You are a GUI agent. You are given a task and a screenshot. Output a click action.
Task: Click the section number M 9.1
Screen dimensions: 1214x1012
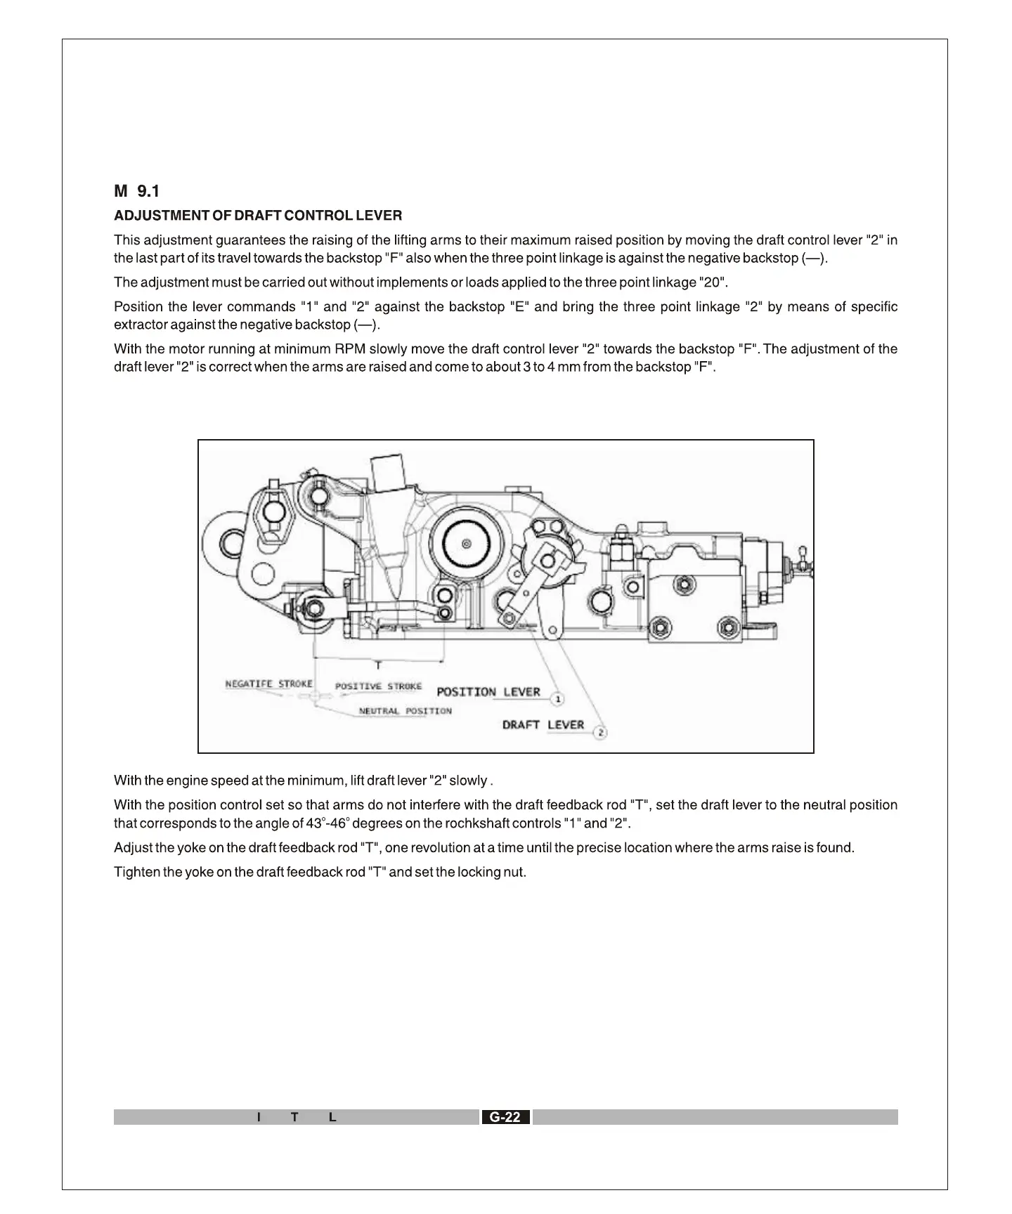137,191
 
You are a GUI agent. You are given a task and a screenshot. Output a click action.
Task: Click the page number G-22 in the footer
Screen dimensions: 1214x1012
505,1117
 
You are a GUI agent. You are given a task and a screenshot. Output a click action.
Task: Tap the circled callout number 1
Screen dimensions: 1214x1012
557,699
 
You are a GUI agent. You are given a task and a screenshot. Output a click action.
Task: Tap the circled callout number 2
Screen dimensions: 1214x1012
600,733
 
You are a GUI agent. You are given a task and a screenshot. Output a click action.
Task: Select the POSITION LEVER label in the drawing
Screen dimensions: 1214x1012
488,692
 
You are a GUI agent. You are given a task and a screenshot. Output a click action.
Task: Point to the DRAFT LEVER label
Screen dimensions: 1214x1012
543,725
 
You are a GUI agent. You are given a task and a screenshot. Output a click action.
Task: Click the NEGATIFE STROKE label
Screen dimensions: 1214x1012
268,684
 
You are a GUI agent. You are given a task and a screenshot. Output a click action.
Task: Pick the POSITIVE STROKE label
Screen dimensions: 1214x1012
378,686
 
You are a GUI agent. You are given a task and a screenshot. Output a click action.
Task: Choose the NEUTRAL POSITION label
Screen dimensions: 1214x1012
405,711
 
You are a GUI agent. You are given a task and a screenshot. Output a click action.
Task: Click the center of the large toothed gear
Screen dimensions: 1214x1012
467,543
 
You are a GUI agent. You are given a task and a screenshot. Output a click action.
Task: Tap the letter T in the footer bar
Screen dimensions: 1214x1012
295,1117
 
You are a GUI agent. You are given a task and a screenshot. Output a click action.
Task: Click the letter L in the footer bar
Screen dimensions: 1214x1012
332,1117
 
